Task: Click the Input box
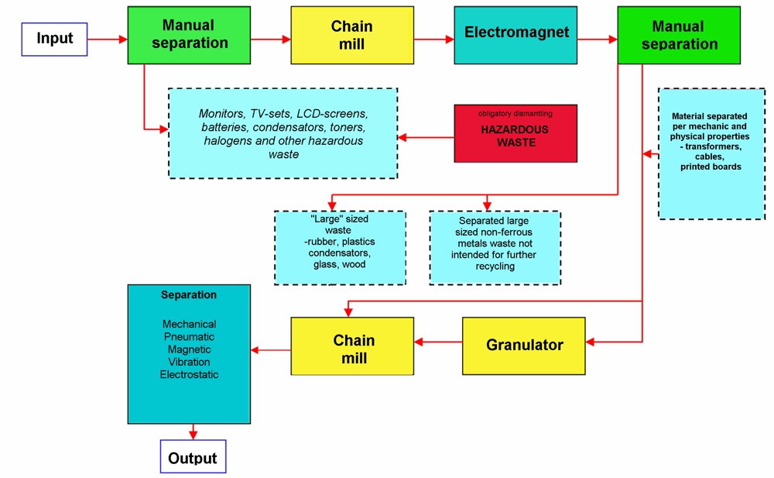(54, 39)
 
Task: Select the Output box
(193, 456)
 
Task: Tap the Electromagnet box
(515, 35)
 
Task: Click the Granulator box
(524, 346)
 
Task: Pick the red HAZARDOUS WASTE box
(515, 133)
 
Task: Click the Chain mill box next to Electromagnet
(352, 35)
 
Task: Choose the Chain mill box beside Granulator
(352, 346)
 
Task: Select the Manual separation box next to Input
(189, 35)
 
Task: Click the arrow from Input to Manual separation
(107, 39)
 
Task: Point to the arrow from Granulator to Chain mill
(438, 342)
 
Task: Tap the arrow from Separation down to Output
(193, 432)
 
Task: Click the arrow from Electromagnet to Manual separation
(598, 39)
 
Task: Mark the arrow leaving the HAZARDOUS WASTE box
(426, 137)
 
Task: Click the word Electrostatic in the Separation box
(189, 375)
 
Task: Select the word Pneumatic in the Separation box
(189, 337)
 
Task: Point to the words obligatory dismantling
(515, 114)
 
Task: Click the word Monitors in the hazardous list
(222, 114)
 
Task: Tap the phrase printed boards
(711, 167)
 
